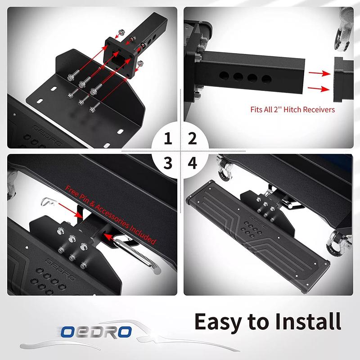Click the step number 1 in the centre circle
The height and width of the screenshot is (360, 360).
tap(168, 139)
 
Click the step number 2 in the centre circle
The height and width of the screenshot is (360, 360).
tap(193, 139)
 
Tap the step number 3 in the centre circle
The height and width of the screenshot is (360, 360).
tap(168, 163)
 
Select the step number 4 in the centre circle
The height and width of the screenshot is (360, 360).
tap(193, 163)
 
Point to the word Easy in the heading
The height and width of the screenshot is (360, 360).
tap(218, 322)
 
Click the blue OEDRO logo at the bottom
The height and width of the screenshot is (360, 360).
tap(96, 332)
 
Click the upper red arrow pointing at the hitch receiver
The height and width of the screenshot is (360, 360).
tap(319, 73)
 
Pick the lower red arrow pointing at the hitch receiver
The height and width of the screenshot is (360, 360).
tap(319, 89)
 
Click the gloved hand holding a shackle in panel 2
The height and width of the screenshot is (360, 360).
tap(344, 30)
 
